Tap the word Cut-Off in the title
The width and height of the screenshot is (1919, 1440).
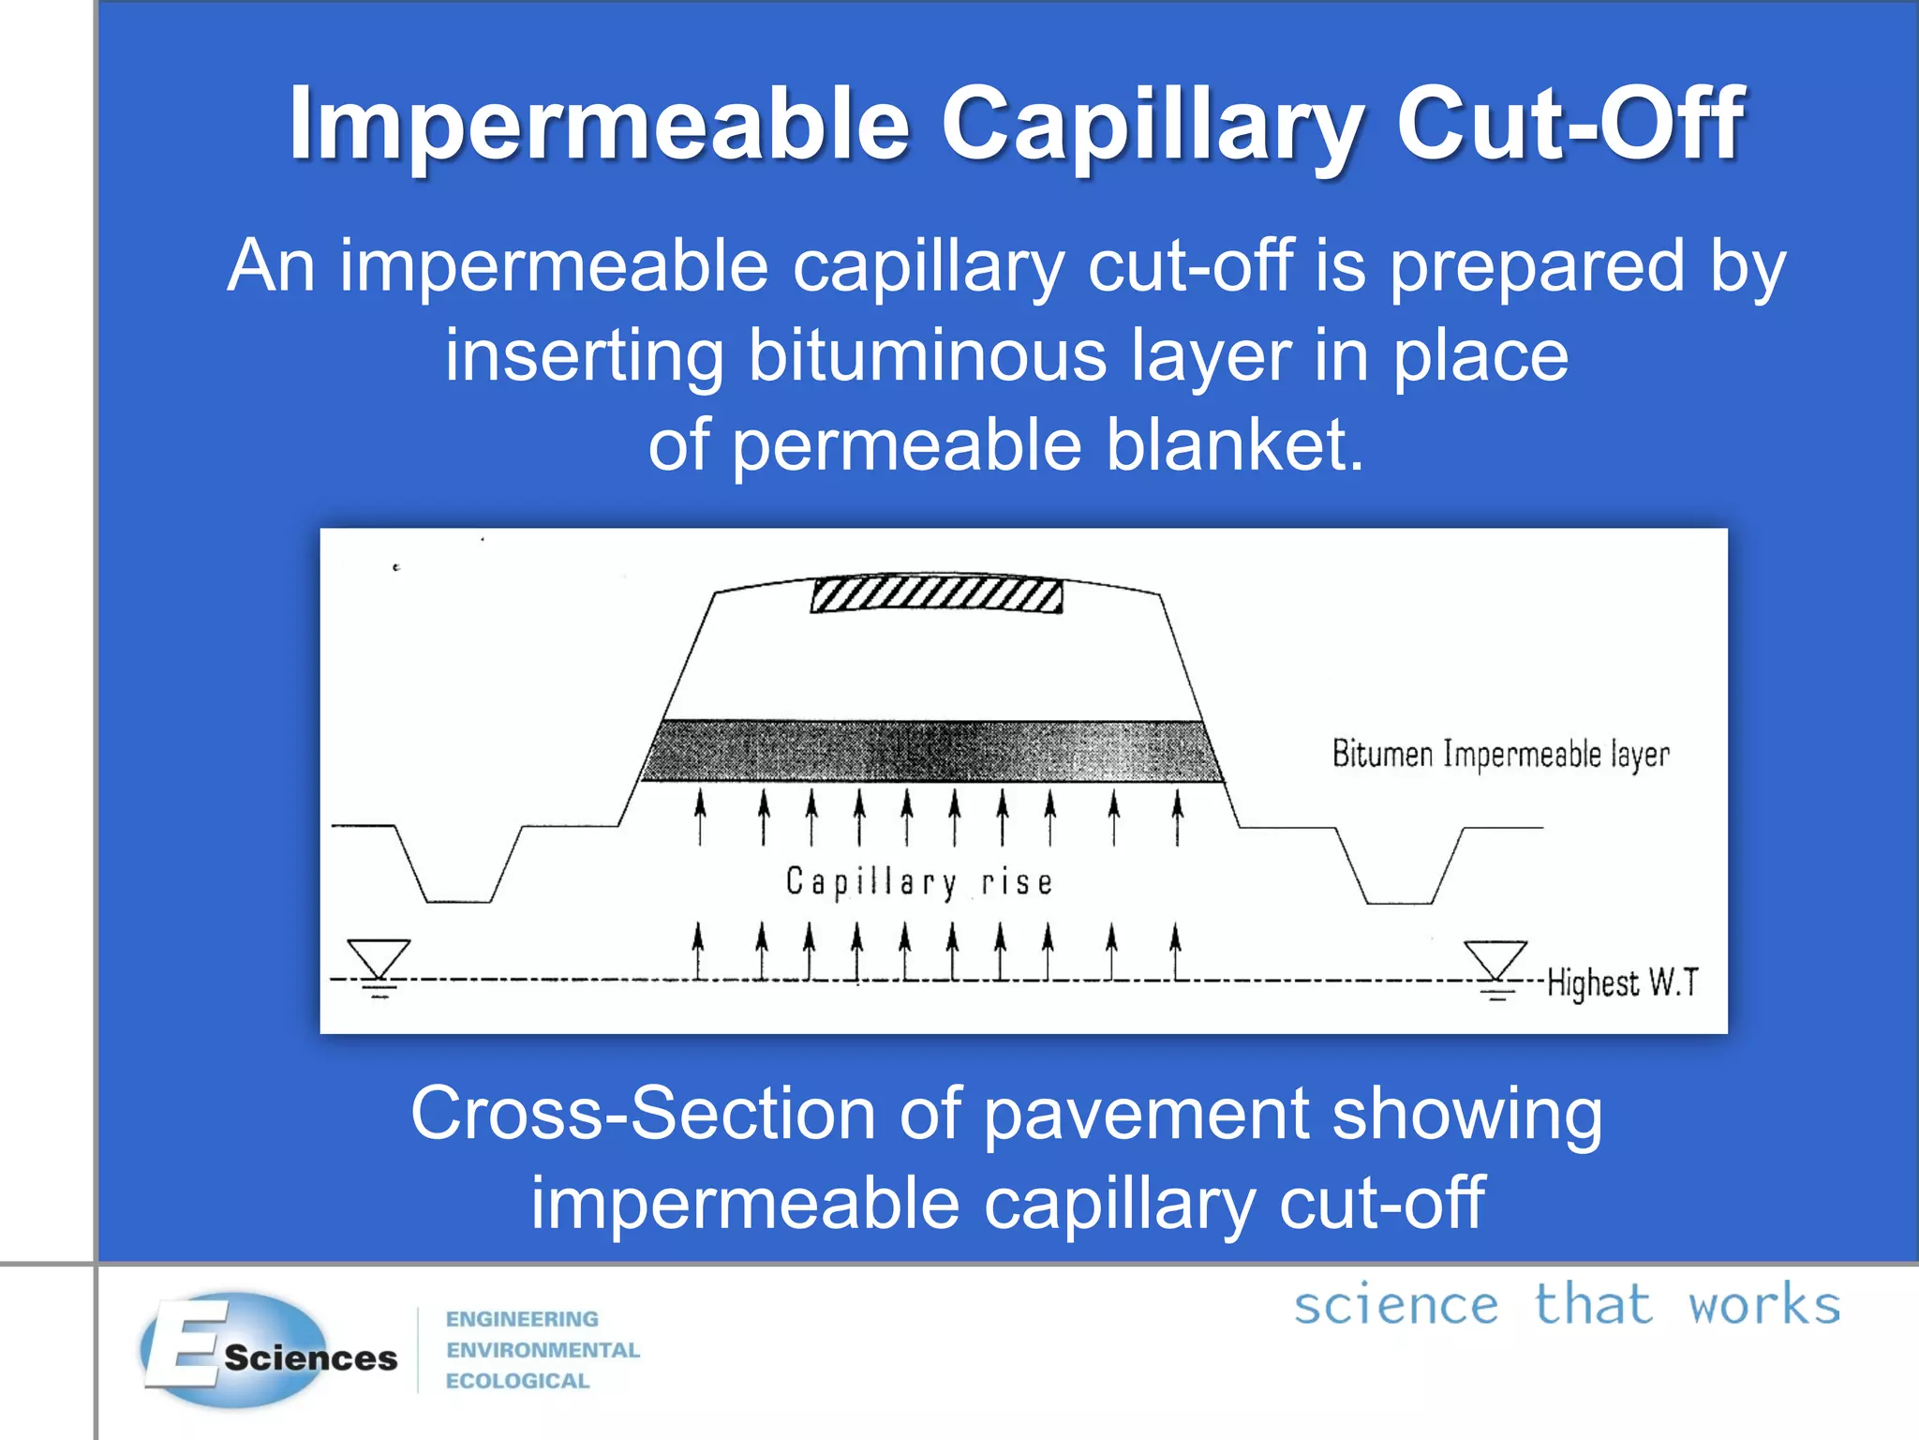[1569, 125]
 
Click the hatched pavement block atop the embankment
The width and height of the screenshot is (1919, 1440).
[936, 594]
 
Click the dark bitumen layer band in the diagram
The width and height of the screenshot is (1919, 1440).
[932, 750]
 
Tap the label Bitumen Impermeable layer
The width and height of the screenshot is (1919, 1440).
[1500, 755]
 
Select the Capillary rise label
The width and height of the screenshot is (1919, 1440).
[919, 882]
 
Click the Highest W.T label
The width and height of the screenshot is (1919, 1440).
[1622, 982]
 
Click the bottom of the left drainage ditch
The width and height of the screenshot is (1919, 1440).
[459, 900]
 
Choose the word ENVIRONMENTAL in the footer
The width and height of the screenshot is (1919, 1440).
[543, 1350]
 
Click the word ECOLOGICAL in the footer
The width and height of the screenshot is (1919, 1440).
[517, 1381]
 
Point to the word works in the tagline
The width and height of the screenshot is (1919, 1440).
[1763, 1305]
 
